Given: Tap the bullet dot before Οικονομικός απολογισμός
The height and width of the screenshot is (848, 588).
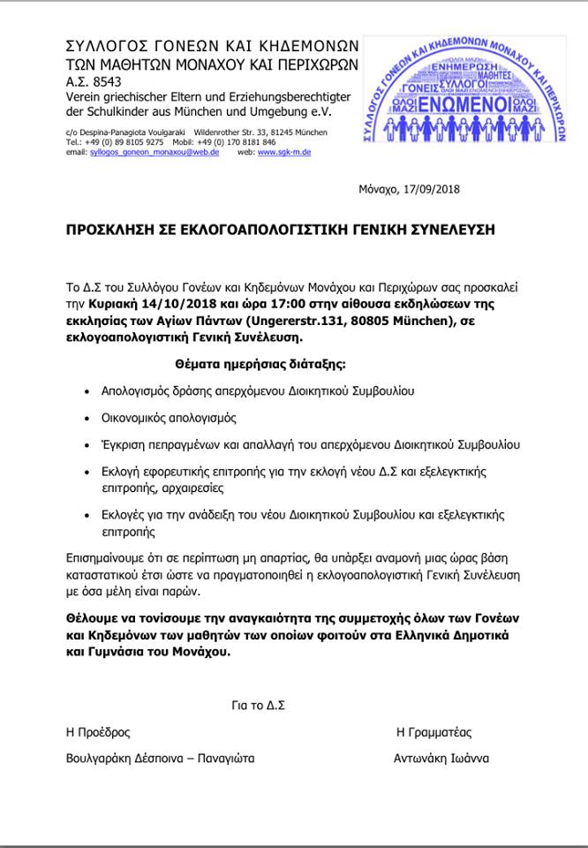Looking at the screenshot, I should (86, 418).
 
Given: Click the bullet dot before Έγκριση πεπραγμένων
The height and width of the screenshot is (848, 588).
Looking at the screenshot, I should (86, 444).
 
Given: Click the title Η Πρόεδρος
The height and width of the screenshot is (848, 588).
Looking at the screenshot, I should (98, 732).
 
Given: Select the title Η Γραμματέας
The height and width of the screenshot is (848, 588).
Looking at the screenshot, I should (434, 732).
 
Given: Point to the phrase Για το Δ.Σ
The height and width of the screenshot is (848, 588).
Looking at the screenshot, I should (258, 706).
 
